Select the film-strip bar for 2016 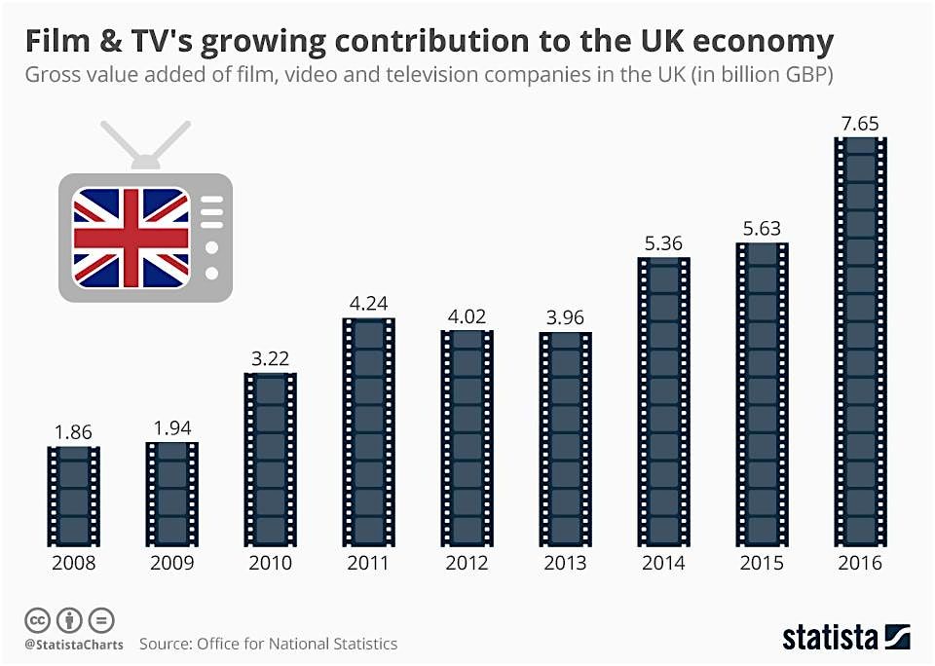point(861,341)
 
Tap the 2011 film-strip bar point(369,431)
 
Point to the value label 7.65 point(861,123)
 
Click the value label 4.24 point(369,304)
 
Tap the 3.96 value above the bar point(565,317)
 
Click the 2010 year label point(270,564)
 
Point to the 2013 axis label point(565,564)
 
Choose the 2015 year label point(762,564)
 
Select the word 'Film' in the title point(56,41)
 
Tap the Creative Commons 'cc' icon point(38,619)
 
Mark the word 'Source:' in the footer point(166,645)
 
